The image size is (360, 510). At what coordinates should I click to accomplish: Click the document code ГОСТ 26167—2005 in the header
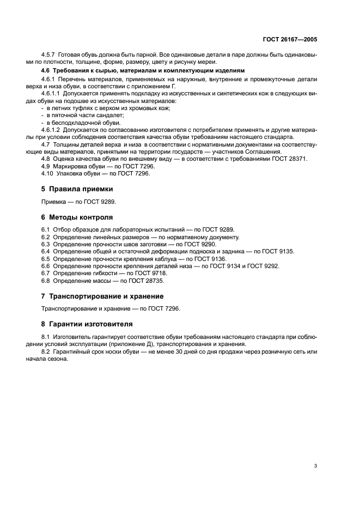point(290,39)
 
